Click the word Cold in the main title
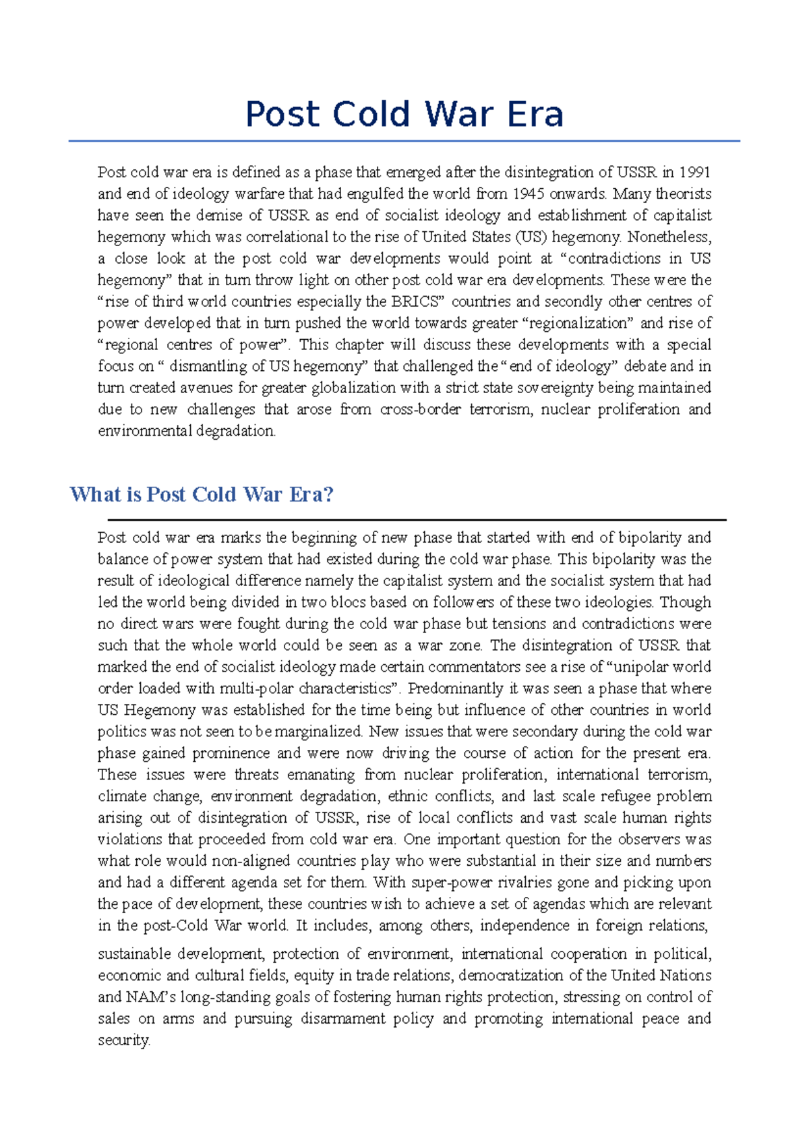click(371, 114)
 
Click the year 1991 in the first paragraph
click(694, 172)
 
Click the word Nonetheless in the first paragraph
click(669, 237)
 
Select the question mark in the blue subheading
click(328, 494)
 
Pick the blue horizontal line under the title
click(404, 141)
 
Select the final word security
click(123, 1040)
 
